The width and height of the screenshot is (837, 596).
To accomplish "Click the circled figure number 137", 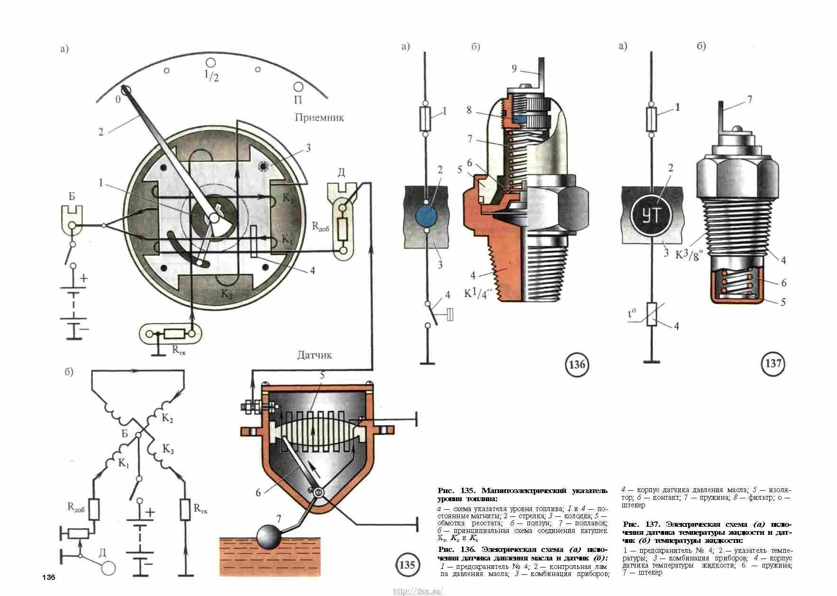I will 773,364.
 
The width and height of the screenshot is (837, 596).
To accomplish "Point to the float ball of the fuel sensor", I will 269,537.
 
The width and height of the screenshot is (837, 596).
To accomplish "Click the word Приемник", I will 319,118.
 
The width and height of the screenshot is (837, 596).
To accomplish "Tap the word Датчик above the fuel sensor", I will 315,355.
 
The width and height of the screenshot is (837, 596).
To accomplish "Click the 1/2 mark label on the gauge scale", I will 211,75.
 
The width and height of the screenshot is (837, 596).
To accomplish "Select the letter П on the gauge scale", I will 299,100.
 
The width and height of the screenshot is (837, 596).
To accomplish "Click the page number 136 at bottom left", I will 49,578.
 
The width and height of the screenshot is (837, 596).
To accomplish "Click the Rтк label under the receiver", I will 179,351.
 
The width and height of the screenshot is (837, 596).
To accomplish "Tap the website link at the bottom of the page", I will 418,591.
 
